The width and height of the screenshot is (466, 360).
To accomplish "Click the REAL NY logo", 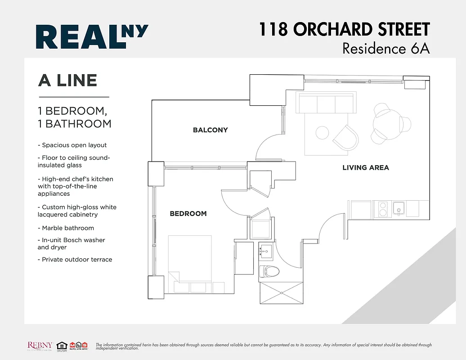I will [92, 36].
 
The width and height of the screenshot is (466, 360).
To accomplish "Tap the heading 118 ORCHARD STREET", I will [344, 30].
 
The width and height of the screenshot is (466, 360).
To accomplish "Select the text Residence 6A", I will [385, 48].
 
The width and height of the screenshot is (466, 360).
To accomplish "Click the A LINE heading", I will [67, 80].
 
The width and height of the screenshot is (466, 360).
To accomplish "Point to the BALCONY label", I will [210, 130].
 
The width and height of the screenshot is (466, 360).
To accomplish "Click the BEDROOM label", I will [188, 213].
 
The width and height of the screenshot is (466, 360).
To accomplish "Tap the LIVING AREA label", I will [365, 167].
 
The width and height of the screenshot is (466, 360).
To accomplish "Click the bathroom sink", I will [265, 252].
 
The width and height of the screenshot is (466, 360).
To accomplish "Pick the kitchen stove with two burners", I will [383, 209].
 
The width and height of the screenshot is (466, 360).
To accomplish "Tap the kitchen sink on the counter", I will [398, 208].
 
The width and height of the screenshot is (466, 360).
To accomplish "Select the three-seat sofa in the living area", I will [326, 103].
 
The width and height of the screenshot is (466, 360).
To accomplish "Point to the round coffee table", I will [322, 133].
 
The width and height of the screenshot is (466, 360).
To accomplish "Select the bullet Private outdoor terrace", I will [75, 259].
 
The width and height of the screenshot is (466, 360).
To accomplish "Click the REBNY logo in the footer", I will [41, 346].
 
